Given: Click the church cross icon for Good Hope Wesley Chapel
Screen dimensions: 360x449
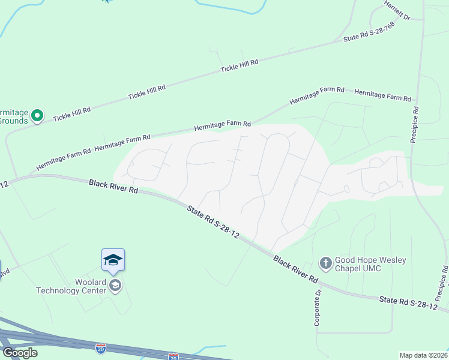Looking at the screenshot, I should click(x=325, y=263).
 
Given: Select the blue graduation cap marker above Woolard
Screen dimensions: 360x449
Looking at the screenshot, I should click(x=113, y=260).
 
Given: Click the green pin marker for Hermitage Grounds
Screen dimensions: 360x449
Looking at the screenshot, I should click(x=37, y=114).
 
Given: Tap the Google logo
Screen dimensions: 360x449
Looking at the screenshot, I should click(x=20, y=353).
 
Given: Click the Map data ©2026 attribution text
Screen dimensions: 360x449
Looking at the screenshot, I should click(x=423, y=355).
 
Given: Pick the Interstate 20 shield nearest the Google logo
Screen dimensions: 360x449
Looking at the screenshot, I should click(x=101, y=347).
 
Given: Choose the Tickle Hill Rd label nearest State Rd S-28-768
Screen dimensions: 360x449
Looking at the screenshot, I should click(x=239, y=66).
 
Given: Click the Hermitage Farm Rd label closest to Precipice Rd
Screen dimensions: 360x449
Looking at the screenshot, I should click(x=382, y=95).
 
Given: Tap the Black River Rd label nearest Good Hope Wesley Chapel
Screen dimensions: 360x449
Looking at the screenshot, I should click(x=295, y=269).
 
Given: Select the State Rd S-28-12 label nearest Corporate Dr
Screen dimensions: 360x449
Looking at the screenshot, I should click(x=409, y=302).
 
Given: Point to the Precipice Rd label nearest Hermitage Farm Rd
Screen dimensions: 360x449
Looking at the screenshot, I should click(x=414, y=125).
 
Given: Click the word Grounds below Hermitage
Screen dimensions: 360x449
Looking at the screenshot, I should click(x=13, y=121).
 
